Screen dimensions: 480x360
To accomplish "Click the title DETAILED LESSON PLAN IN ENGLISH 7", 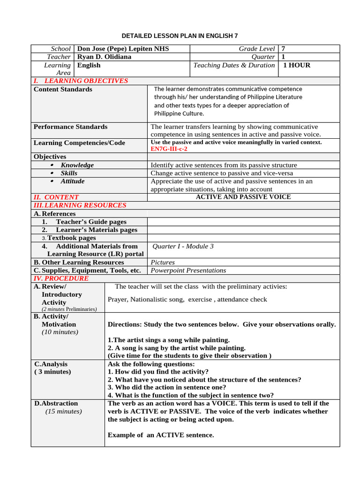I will [180, 36].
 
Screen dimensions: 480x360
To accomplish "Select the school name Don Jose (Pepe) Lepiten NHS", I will [123, 49].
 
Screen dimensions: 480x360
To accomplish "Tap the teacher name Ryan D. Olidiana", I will [104, 57].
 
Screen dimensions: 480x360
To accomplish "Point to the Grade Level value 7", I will [283, 49].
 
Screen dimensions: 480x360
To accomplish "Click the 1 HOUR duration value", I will [296, 65].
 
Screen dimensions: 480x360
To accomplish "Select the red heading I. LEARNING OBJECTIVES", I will [81, 81].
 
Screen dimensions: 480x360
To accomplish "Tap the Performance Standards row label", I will [70, 127].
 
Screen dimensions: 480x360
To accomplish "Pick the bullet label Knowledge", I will [77, 165].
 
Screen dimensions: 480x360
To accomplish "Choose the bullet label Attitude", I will [73, 181].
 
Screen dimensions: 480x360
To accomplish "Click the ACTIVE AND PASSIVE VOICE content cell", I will [243, 197].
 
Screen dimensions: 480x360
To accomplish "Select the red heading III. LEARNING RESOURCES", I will [80, 205].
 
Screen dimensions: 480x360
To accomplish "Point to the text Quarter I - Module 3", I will [183, 246].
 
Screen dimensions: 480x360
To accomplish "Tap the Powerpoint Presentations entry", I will [188, 270].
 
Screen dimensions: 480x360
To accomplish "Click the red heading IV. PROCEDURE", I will [61, 278].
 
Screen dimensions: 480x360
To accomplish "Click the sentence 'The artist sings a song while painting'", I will [169, 340].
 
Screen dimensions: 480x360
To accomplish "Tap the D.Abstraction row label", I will [56, 403].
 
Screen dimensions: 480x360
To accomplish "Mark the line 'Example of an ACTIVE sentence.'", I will [161, 435].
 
